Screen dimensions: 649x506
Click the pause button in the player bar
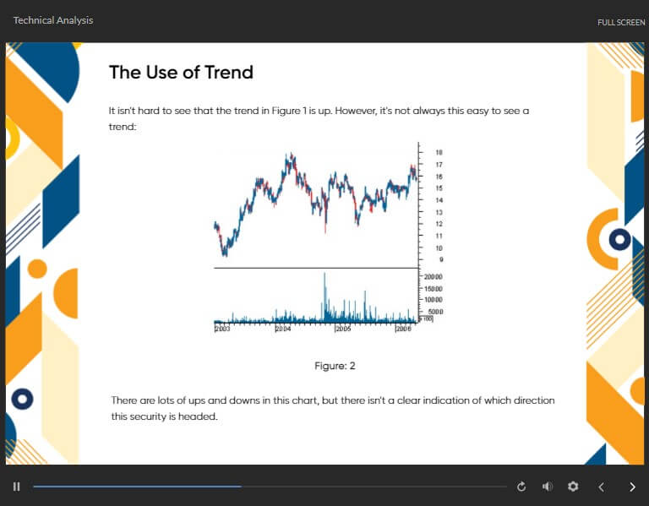pyautogui.click(x=17, y=487)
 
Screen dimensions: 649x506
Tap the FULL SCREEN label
pyautogui.click(x=621, y=22)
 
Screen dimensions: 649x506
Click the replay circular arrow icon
pyautogui.click(x=521, y=487)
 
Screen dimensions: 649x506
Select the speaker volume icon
pyautogui.click(x=548, y=487)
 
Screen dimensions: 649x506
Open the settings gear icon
pyautogui.click(x=573, y=487)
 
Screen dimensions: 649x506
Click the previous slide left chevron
pyautogui.click(x=602, y=487)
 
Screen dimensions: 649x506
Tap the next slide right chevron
pyautogui.click(x=632, y=487)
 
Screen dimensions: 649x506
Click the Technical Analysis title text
pyautogui.click(x=53, y=20)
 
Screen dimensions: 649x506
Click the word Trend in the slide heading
pyautogui.click(x=228, y=73)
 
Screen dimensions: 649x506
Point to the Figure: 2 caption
pyautogui.click(x=335, y=366)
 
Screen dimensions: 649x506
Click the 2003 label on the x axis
pyautogui.click(x=222, y=329)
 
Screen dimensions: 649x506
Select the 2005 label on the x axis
pyautogui.click(x=343, y=329)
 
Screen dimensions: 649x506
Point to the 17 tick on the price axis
pyautogui.click(x=439, y=165)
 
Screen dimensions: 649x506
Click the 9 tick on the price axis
pyautogui.click(x=441, y=260)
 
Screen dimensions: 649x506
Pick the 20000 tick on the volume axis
pyautogui.click(x=433, y=277)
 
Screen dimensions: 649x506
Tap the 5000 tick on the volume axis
pyautogui.click(x=435, y=312)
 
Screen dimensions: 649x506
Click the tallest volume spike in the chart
pyautogui.click(x=324, y=290)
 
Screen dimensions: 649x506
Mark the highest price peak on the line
pyautogui.click(x=292, y=155)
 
